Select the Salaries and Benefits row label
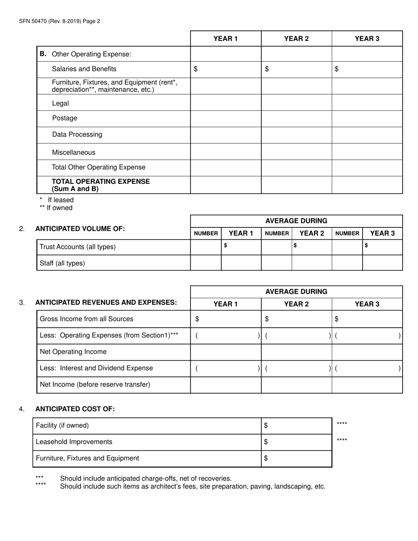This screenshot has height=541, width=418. click(84, 69)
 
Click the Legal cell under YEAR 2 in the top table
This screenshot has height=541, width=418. click(296, 103)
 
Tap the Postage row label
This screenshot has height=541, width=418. click(64, 118)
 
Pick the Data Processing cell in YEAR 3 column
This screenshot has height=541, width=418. click(367, 135)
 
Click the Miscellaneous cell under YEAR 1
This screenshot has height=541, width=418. click(226, 152)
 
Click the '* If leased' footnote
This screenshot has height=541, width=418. click(57, 200)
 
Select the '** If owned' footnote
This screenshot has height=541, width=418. click(56, 208)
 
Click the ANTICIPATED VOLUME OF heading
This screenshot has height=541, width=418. click(80, 229)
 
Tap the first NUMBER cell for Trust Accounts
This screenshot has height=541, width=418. click(205, 247)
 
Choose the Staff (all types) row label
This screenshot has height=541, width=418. click(62, 263)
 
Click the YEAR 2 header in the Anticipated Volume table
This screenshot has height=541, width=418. click(312, 234)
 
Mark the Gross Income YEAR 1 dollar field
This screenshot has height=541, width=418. click(226, 319)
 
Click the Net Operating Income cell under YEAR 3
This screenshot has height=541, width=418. click(367, 352)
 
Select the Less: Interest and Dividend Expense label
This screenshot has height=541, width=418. click(96, 368)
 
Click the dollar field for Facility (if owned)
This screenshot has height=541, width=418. click(297, 426)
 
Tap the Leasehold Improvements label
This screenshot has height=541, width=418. click(74, 442)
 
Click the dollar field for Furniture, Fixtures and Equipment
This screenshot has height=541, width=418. click(297, 458)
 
